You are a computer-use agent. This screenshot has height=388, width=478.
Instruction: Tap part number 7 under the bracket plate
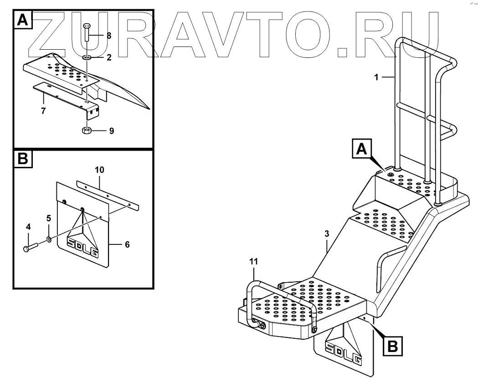point(43,111)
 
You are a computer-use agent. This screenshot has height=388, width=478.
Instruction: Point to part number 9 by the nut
point(111,131)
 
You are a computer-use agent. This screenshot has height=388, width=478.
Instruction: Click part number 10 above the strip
point(100,170)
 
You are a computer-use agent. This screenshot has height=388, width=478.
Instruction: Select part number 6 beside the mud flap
point(127,244)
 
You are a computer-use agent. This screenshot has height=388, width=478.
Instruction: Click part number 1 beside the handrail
point(376,78)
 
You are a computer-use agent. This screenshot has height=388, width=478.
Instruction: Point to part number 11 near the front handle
point(254,261)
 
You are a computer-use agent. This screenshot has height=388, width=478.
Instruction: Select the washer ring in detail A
point(87,58)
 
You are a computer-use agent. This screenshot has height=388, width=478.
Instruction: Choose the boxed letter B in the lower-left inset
point(23,160)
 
